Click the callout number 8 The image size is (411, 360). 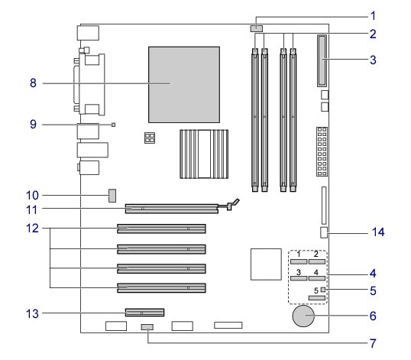tap(33, 83)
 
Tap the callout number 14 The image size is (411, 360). tap(378, 232)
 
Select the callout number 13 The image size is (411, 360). tap(32, 313)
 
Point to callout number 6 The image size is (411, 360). tap(373, 316)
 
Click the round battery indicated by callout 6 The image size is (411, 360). tap(303, 316)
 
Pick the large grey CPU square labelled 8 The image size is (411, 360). tap(184, 85)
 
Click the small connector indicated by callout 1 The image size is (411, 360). tap(257, 28)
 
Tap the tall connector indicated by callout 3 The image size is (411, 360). tap(322, 61)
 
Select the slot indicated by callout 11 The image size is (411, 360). tap(172, 209)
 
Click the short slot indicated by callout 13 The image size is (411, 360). tap(144, 313)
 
